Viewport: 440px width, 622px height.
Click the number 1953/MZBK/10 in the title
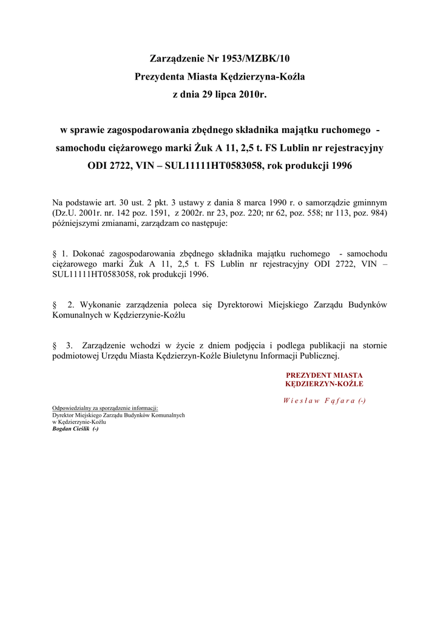tap(249, 59)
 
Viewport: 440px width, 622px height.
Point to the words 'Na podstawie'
tap(76, 202)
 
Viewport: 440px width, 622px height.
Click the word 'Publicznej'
tap(319, 356)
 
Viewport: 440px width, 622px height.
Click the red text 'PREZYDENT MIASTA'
tap(324, 375)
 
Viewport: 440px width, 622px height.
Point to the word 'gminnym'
tap(370, 202)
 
